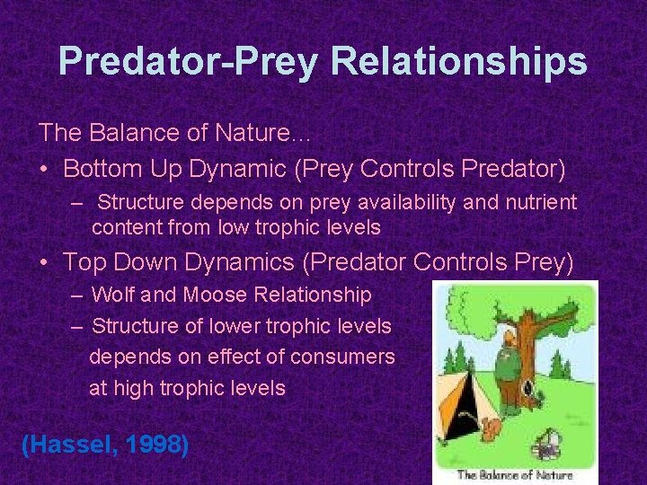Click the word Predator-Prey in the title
[188, 62]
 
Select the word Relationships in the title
[459, 62]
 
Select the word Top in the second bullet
[84, 262]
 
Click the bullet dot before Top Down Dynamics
[45, 263]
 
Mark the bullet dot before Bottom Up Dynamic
[45, 169]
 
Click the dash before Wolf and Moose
[77, 295]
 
